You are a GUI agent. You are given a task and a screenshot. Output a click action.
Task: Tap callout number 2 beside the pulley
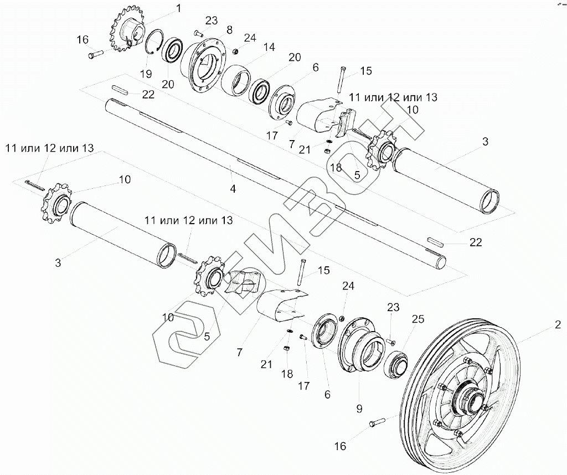[x=558, y=327]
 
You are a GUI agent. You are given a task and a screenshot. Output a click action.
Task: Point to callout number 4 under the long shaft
[x=233, y=189]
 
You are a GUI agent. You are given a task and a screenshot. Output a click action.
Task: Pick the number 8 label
[x=213, y=29]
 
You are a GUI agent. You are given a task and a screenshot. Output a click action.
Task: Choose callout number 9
[x=359, y=410]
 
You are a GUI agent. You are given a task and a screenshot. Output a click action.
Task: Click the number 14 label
[x=269, y=48]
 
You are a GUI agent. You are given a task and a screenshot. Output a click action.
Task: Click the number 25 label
[x=419, y=319]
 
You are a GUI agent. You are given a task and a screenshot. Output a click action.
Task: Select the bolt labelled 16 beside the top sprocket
[x=95, y=54]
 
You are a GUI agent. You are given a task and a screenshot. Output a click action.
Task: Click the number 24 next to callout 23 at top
[x=250, y=38]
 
